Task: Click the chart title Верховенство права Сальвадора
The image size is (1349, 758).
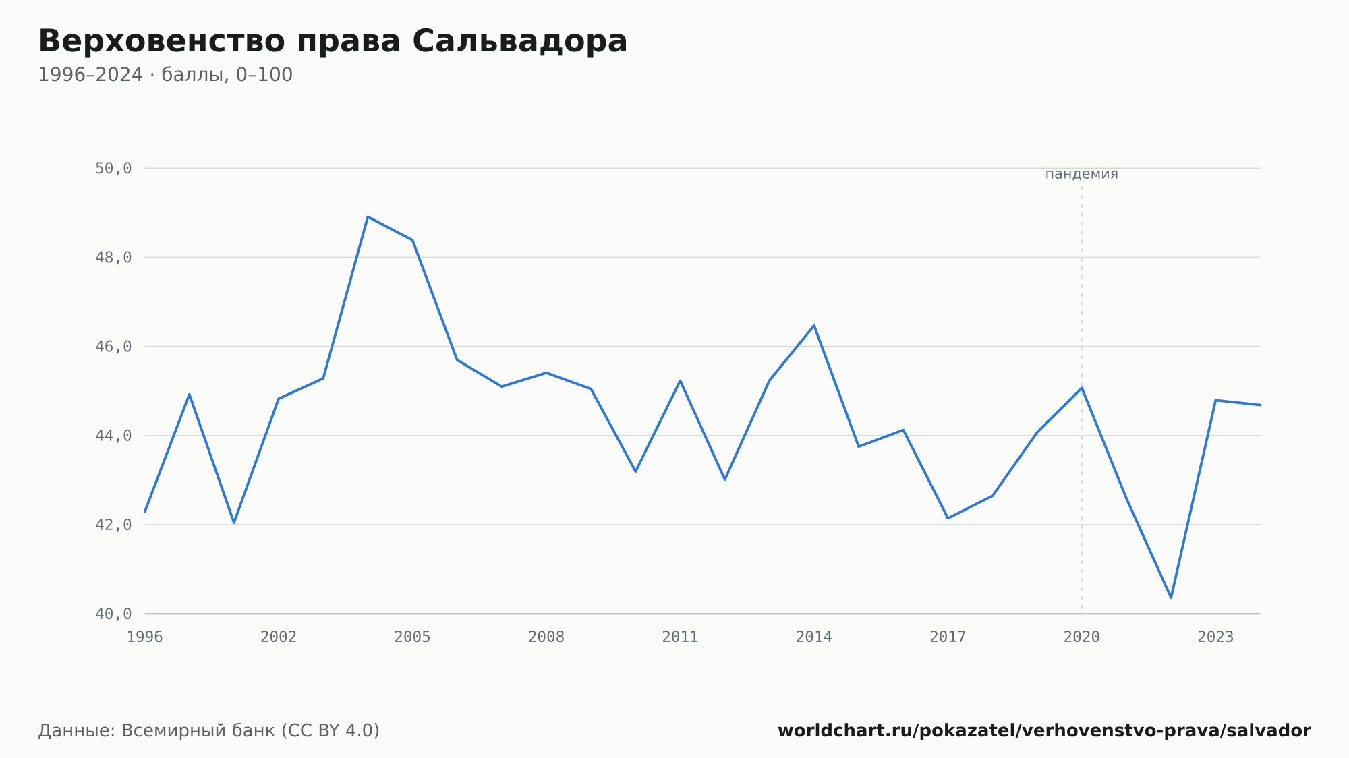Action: pos(333,42)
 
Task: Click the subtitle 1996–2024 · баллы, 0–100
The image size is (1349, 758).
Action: pos(165,75)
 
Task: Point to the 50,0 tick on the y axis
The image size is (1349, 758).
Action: pos(113,169)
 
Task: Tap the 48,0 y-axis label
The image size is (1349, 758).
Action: pos(113,258)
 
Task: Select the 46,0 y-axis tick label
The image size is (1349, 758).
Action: pos(113,347)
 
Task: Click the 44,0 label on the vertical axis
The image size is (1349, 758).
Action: pos(113,436)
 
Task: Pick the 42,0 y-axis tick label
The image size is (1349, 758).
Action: pos(113,525)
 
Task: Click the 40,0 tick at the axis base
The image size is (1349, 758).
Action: pos(113,614)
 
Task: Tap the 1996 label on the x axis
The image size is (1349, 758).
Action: pos(145,637)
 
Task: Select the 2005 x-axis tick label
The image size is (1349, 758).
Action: pos(413,637)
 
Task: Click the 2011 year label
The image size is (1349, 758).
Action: pos(680,637)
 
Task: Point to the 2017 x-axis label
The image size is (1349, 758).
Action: pos(948,637)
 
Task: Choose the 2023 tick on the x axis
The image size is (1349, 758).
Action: pos(1215,637)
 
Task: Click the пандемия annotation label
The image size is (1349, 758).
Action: pos(1082,174)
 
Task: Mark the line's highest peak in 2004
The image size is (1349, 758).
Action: pos(368,216)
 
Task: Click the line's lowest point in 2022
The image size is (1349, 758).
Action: pos(1171,597)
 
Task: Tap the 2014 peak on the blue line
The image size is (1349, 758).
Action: pos(814,326)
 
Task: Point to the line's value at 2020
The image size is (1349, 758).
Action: pos(1082,388)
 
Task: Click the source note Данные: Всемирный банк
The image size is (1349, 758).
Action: pos(209,731)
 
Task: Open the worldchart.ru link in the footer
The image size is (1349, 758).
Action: pos(1044,731)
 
